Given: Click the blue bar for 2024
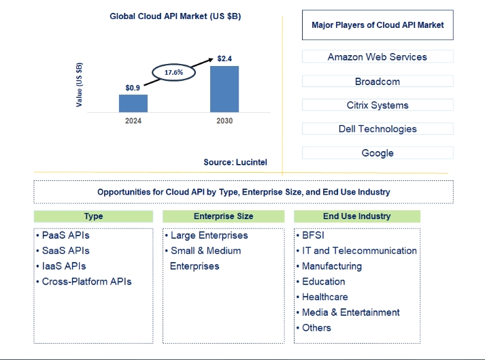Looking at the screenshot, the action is [x=133, y=103].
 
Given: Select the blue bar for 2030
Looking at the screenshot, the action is [x=224, y=89].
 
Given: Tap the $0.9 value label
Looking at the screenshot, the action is [x=133, y=88].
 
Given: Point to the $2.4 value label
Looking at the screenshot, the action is [x=224, y=59].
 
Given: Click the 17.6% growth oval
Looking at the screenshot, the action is [x=173, y=65].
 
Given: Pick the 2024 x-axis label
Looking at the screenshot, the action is [x=133, y=120].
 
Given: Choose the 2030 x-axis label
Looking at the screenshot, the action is [x=224, y=120].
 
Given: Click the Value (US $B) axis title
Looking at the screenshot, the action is [x=79, y=85].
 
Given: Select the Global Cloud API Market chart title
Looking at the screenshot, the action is [x=175, y=16].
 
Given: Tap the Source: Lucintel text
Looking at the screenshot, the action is [x=235, y=162].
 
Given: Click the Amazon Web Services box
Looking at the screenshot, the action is [x=378, y=56].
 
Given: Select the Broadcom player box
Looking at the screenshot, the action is [x=378, y=81].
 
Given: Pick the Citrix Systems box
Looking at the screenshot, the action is [x=378, y=105].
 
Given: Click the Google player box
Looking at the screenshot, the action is [x=378, y=152].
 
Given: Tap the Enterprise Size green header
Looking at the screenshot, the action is [x=223, y=216].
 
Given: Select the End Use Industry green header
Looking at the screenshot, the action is [x=357, y=216].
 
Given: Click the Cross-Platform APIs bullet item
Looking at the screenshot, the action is [x=84, y=281].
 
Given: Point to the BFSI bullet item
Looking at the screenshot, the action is [x=310, y=235].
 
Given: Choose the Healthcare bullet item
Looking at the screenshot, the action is [x=322, y=297].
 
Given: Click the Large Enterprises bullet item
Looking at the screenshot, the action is [x=207, y=235].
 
